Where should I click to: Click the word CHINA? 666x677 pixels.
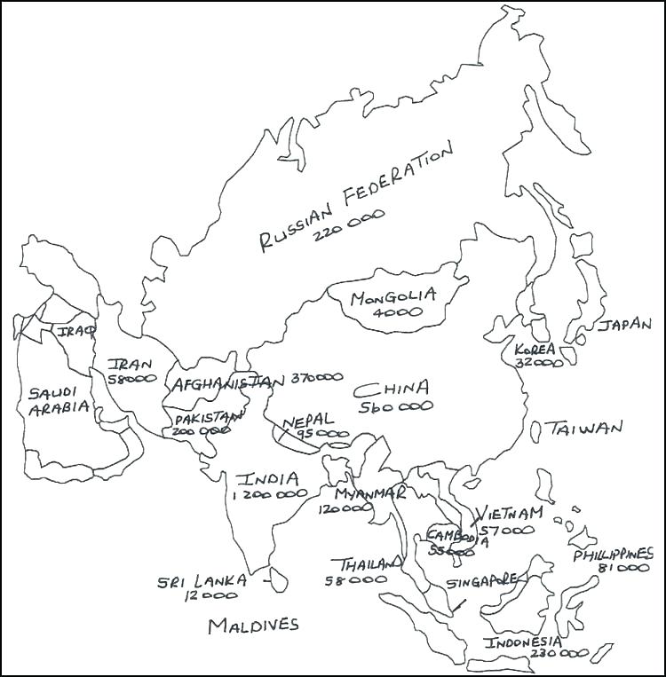(392, 389)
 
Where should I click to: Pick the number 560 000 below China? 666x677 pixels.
(396, 406)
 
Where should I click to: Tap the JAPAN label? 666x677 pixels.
(623, 325)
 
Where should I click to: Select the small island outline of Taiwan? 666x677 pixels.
(536, 431)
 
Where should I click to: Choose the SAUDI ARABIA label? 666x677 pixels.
(59, 400)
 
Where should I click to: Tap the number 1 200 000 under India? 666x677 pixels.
(269, 495)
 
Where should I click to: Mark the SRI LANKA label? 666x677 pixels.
(202, 581)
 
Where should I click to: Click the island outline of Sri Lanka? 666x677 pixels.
(278, 579)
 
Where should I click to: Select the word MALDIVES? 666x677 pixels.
(253, 626)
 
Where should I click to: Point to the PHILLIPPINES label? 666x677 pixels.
(613, 555)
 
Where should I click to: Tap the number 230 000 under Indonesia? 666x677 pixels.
(559, 653)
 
